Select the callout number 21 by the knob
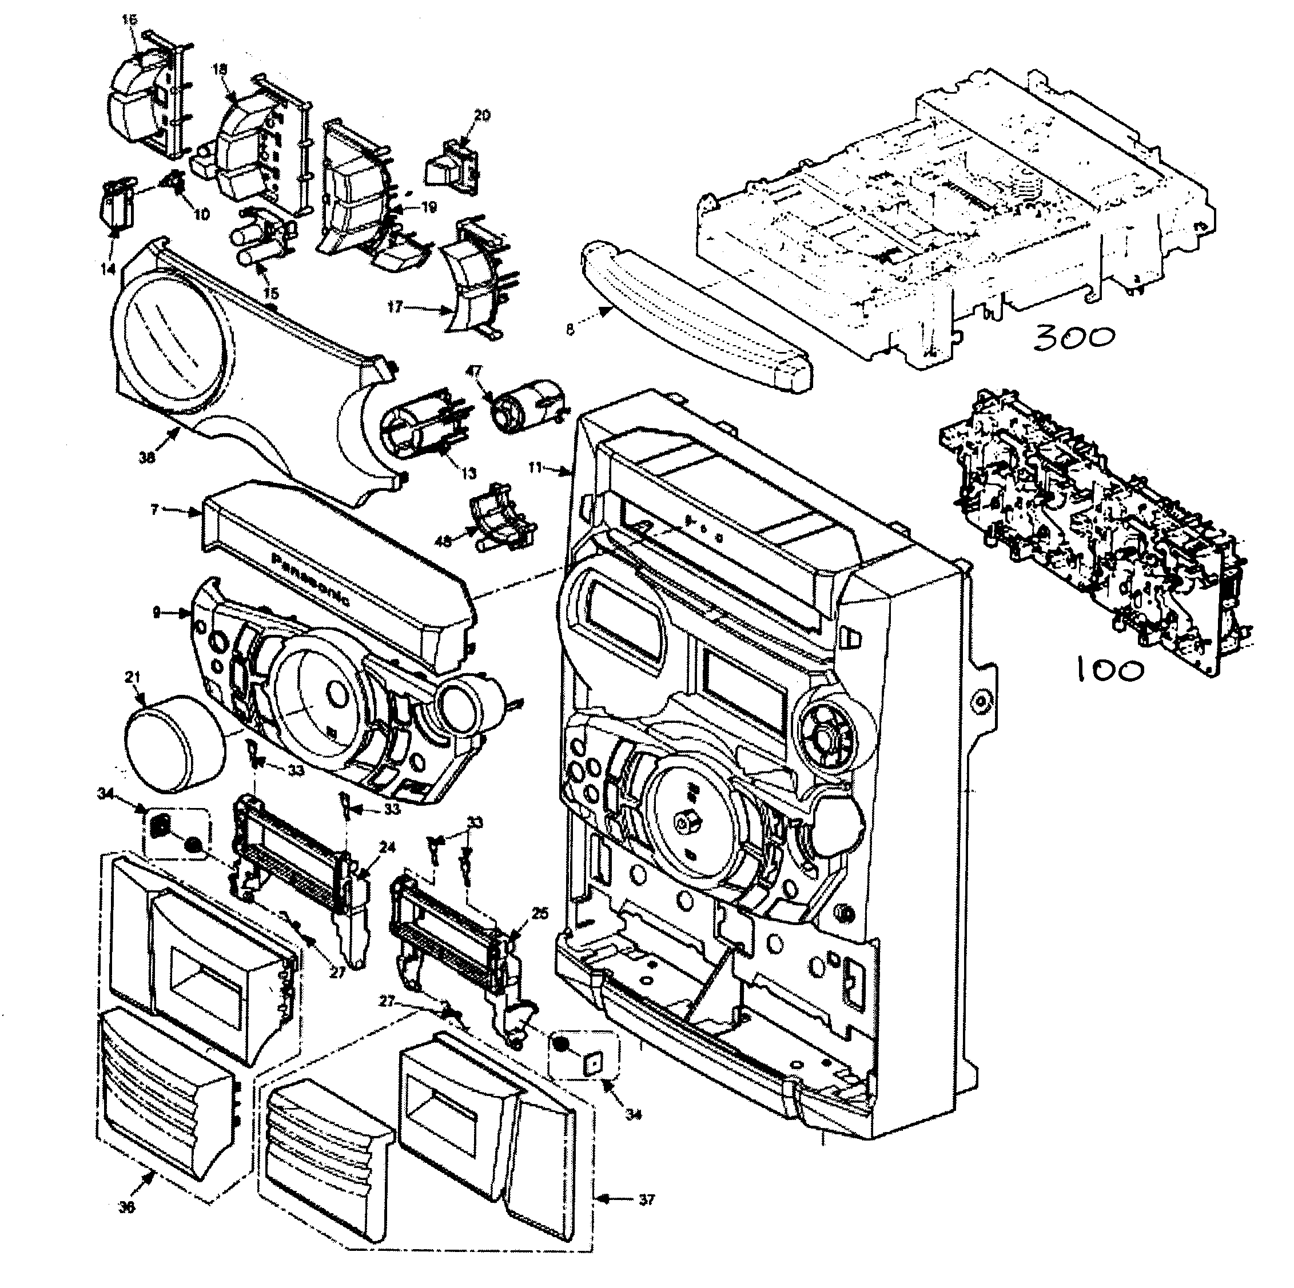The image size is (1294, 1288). coord(133,677)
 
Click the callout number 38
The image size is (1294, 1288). coord(147,457)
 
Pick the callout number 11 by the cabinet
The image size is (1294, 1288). coord(535,468)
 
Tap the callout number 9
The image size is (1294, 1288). coord(156,612)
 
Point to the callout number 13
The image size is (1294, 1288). coord(468,473)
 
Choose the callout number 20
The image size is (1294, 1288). coord(481,115)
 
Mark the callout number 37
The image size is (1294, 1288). coord(646,1199)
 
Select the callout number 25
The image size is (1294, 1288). coord(540,912)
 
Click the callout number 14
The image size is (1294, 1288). coord(108,269)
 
